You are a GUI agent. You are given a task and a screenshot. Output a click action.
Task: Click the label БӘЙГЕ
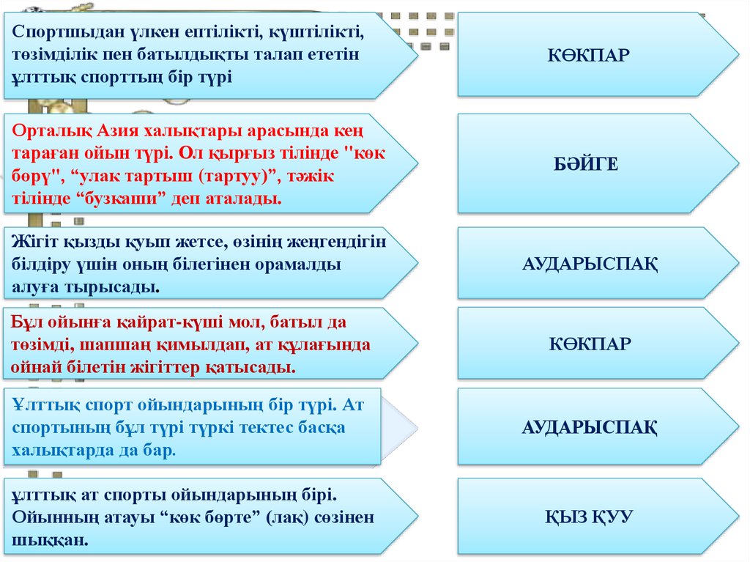[586, 164]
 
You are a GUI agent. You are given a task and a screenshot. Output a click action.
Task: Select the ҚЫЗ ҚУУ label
[590, 517]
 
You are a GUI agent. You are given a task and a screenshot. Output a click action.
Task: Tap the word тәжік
[311, 176]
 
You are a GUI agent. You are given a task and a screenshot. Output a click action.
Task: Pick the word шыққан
[51, 541]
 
